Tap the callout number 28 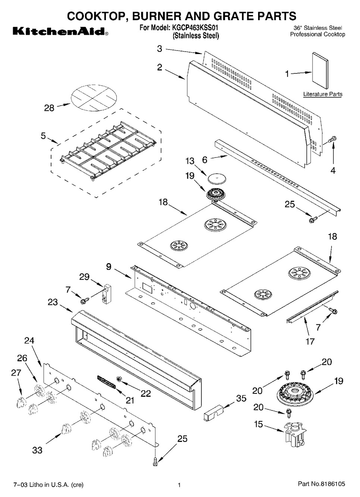tap(49, 108)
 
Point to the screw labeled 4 tap(332, 140)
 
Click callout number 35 tap(241, 398)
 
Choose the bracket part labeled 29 tap(107, 294)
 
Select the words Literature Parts tap(323, 94)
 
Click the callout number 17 tap(310, 341)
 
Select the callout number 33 tap(37, 450)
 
